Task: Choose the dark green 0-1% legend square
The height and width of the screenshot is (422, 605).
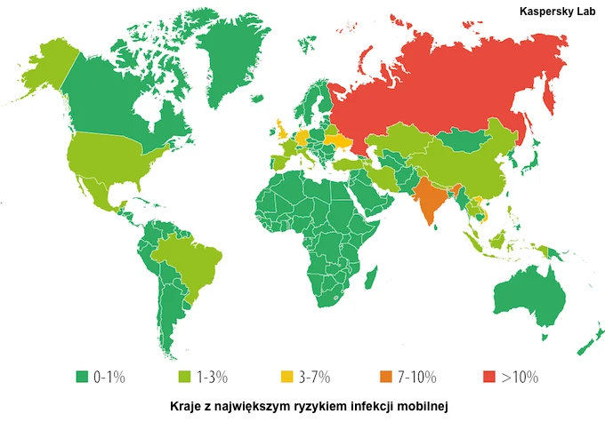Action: [x=82, y=377]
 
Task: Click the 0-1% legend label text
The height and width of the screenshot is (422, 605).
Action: [x=109, y=377]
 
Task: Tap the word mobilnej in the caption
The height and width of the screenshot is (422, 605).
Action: [x=427, y=405]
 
